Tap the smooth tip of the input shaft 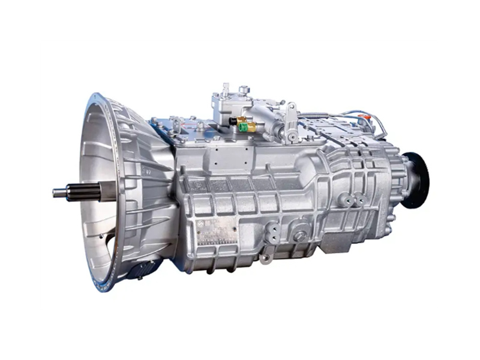pyautogui.click(x=59, y=193)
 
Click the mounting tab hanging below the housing pyautogui.click(x=265, y=259)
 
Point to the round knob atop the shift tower pyautogui.click(x=244, y=89)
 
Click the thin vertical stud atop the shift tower pyautogui.click(x=226, y=90)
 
